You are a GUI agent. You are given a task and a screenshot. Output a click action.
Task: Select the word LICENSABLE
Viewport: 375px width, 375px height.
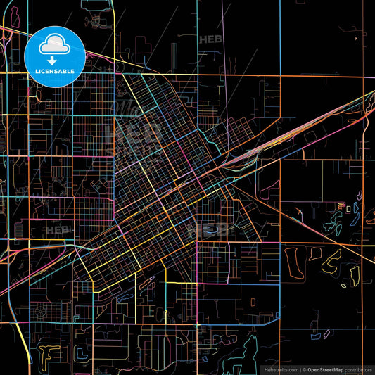[x=55, y=71]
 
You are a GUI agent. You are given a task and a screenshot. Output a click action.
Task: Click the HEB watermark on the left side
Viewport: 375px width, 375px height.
[x=58, y=229]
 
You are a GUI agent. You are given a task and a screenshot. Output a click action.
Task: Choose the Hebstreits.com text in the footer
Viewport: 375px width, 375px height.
[x=280, y=369]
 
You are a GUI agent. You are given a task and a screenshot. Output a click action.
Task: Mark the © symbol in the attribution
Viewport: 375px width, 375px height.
[x=304, y=369]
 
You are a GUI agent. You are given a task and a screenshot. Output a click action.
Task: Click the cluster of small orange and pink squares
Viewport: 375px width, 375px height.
[x=341, y=206]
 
